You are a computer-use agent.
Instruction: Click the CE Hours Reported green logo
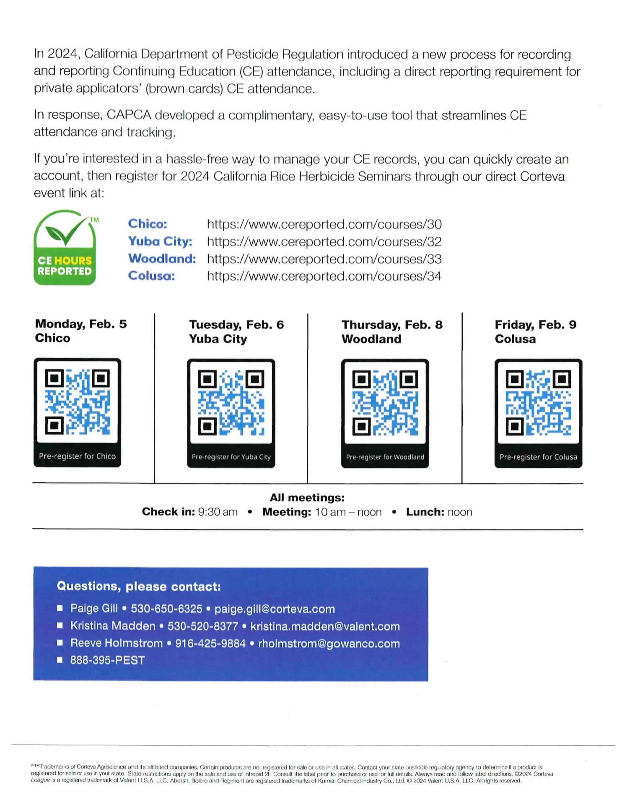(65, 248)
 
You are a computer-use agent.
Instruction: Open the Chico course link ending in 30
(324, 224)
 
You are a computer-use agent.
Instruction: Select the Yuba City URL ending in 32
(324, 242)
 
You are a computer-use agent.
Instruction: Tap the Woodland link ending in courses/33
(324, 259)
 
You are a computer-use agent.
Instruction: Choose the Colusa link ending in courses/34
(324, 276)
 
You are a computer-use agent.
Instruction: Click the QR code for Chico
(78, 401)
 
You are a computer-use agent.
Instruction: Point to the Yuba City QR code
(231, 402)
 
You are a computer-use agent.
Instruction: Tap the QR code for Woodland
(385, 402)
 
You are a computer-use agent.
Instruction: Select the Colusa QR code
(538, 402)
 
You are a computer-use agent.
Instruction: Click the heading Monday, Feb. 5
(81, 324)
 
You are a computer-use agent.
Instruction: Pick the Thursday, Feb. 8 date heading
(392, 325)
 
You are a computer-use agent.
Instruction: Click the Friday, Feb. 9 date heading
(535, 325)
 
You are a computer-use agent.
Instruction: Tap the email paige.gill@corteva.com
(275, 609)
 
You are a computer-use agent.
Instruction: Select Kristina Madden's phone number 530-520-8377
(203, 626)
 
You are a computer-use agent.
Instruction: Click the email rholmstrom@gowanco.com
(329, 644)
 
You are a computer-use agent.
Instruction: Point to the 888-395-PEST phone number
(107, 660)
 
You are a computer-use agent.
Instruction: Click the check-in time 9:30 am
(218, 512)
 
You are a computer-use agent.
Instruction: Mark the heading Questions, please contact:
(139, 586)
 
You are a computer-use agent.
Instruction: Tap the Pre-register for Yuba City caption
(231, 457)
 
